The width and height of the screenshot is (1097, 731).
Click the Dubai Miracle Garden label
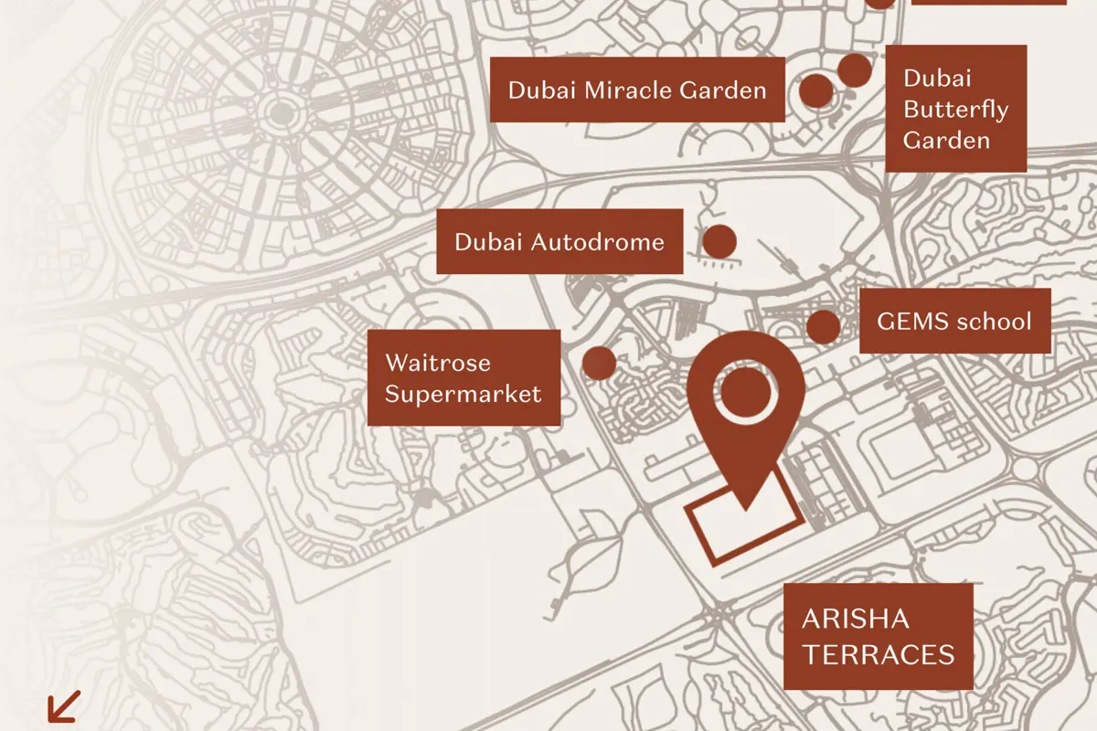pos(637,90)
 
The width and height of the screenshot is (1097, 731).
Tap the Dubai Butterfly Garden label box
pos(955,109)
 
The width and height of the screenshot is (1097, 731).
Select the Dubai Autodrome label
pos(559,241)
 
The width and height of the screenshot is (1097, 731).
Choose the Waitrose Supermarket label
pos(463,377)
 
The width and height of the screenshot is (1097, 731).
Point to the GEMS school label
pos(954,321)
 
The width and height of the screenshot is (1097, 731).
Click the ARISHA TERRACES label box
pos(879,637)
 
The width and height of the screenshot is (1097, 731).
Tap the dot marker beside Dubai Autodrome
pos(719,241)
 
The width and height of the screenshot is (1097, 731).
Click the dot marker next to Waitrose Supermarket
pos(599,363)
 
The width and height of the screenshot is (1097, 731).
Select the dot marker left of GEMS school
pos(823,326)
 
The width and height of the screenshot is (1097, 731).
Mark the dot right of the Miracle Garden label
pos(816,90)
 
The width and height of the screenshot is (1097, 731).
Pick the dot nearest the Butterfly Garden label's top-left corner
pos(854,69)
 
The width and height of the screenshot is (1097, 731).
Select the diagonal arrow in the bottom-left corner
pos(63,706)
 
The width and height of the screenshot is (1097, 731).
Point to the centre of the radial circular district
pos(275,115)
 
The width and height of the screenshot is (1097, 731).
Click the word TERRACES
pos(879,654)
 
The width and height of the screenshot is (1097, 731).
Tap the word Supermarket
pos(463,394)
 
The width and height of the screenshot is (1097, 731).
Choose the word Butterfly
pos(955,110)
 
